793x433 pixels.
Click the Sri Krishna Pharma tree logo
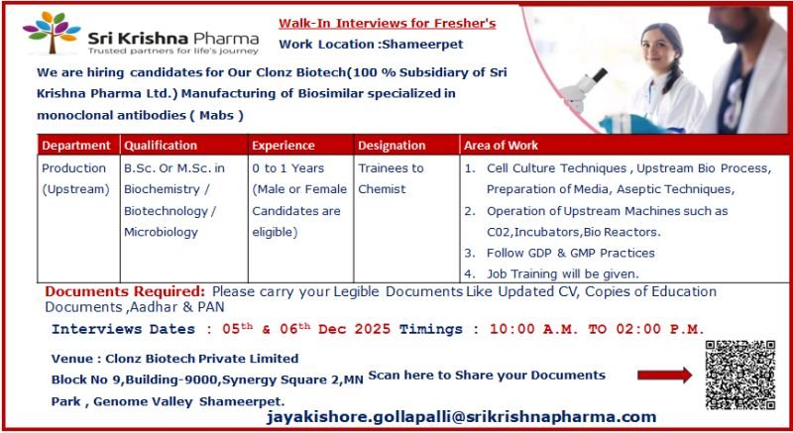click(52, 34)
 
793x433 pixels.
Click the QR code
click(739, 375)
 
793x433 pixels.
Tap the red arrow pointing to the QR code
click(663, 376)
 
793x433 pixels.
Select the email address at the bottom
click(461, 417)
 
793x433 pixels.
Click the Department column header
click(76, 146)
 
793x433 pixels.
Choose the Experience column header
click(283, 146)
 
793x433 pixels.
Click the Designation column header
click(392, 146)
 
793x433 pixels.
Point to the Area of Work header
click(503, 146)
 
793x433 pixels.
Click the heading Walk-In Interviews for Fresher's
click(387, 23)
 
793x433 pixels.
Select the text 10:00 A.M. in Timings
click(528, 329)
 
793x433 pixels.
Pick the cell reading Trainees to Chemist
click(391, 178)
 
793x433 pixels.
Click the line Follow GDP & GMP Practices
click(570, 253)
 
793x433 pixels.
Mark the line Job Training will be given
click(562, 273)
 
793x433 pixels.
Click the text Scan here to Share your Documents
click(486, 375)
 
